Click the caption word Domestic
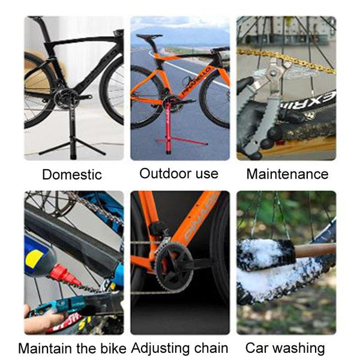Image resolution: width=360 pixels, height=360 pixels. point(72,175)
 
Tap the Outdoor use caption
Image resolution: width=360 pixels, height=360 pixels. point(179,173)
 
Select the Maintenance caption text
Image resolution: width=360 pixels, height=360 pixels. point(287,174)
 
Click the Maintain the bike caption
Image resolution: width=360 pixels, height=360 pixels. point(72,349)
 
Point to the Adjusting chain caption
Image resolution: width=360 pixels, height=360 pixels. point(179,348)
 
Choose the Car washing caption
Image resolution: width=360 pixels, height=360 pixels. point(285,348)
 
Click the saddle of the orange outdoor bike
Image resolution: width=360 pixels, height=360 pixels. point(149,36)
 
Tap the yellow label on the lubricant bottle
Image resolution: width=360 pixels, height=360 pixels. point(34,259)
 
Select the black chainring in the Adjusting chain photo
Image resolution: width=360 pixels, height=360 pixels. point(174,267)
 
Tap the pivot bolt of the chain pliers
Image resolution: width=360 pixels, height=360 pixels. point(273,73)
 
